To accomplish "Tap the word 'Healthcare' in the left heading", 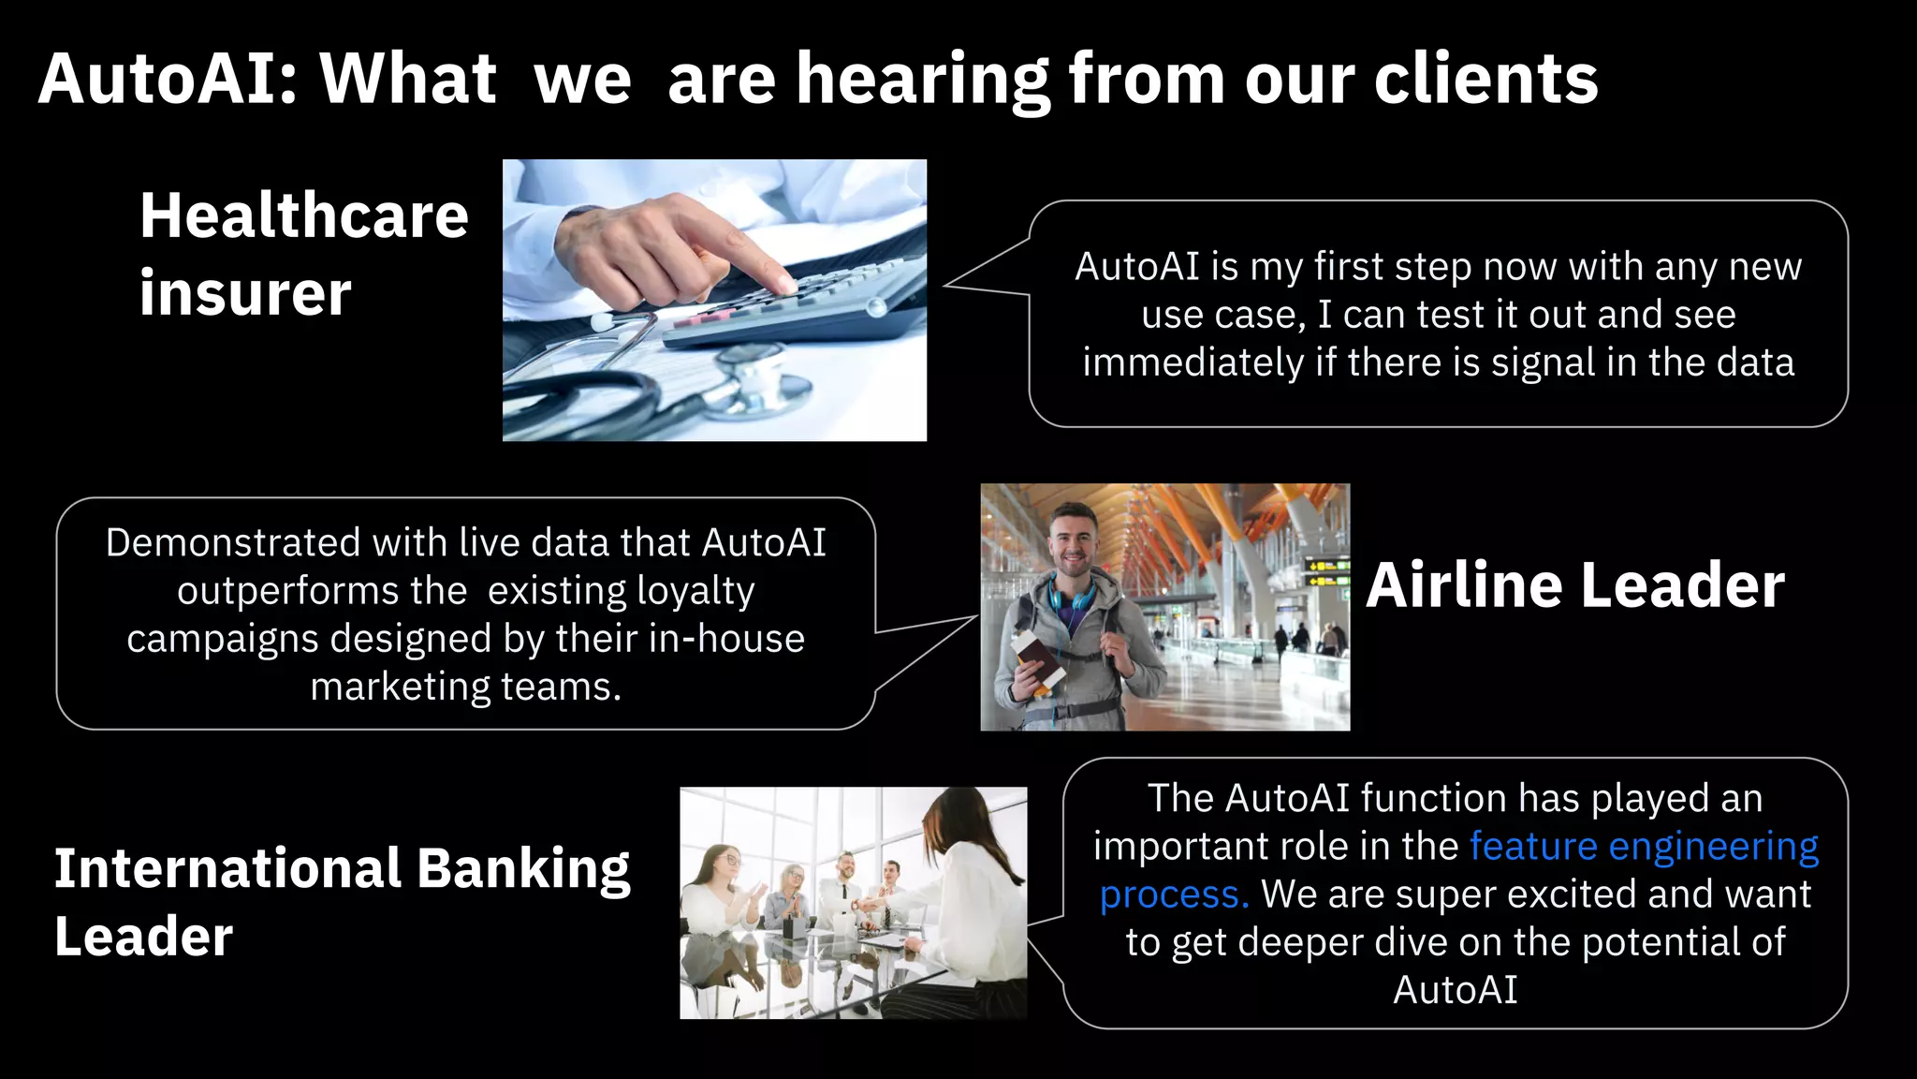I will [x=303, y=215].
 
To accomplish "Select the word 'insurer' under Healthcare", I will [x=245, y=293].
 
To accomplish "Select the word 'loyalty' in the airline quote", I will [x=695, y=591].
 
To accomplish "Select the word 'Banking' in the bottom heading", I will [x=523, y=868].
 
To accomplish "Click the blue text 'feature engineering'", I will [x=1644, y=846].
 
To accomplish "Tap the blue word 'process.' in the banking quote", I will [x=1174, y=894].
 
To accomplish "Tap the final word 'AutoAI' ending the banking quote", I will [x=1455, y=990].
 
